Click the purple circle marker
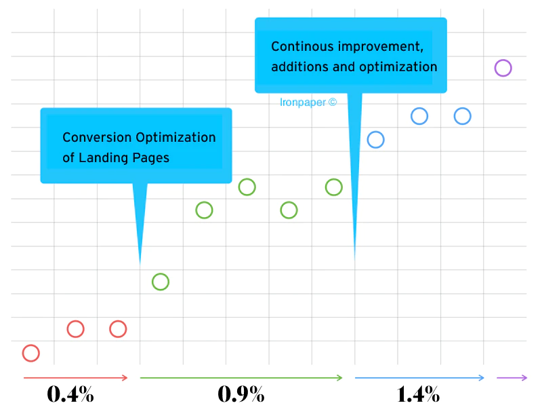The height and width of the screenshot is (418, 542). (x=503, y=68)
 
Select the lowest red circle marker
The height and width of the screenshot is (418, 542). (x=31, y=353)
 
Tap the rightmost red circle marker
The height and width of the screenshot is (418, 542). (x=118, y=329)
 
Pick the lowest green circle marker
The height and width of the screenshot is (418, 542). (x=161, y=282)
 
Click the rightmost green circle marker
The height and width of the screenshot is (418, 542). (x=333, y=187)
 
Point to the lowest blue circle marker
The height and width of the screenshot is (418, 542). (x=376, y=140)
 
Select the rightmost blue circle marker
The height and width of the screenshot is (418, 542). (x=462, y=116)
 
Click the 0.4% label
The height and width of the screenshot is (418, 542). (x=70, y=394)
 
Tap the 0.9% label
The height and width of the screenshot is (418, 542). (x=241, y=394)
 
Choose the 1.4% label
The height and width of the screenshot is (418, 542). (x=418, y=394)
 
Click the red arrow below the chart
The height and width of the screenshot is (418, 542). (x=75, y=377)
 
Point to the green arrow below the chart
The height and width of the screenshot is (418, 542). (x=241, y=377)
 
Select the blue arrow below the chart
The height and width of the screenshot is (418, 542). (x=419, y=377)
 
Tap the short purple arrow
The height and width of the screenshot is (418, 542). (x=512, y=377)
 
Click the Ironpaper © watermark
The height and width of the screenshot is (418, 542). (x=308, y=102)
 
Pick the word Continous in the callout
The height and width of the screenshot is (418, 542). (x=300, y=47)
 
